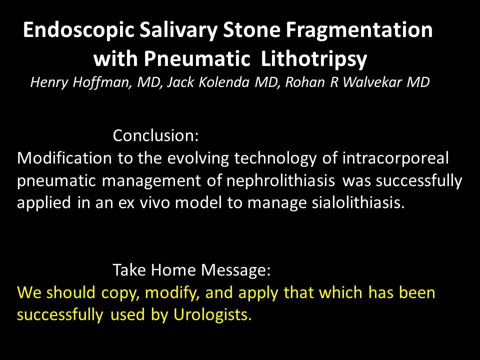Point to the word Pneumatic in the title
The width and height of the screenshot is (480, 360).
[x=197, y=58]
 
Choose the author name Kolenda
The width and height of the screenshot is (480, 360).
[x=224, y=82]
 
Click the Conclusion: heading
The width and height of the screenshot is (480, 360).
[x=156, y=135]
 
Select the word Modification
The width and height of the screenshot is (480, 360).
[x=64, y=158]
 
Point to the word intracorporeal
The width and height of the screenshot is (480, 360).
[x=395, y=159]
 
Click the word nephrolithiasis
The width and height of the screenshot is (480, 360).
[x=280, y=180]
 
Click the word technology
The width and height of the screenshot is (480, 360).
[x=275, y=159]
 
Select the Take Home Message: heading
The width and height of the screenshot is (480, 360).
[x=191, y=270]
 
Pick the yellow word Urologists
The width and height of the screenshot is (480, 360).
[x=212, y=314]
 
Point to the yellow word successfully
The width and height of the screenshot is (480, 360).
[x=60, y=314]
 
